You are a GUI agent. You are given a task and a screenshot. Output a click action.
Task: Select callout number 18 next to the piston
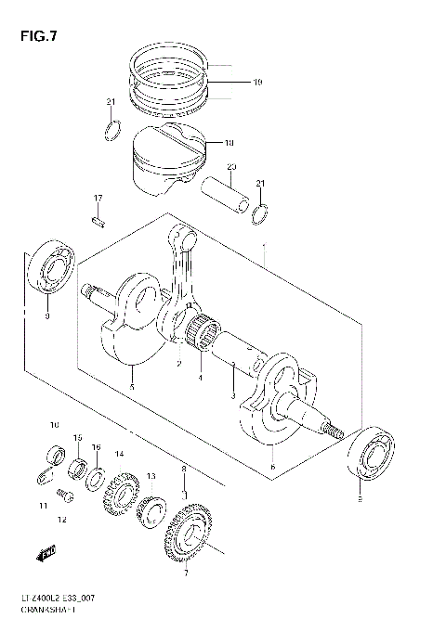pyautogui.click(x=230, y=143)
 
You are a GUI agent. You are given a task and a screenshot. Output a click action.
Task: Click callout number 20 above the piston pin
pyautogui.click(x=232, y=167)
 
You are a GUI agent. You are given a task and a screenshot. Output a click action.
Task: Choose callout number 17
pyautogui.click(x=97, y=199)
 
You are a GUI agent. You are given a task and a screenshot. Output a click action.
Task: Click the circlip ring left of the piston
pyautogui.click(x=111, y=127)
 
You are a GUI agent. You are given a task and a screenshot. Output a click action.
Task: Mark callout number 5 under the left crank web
pyautogui.click(x=131, y=386)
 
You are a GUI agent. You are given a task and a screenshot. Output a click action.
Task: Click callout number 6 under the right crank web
pyautogui.click(x=272, y=467)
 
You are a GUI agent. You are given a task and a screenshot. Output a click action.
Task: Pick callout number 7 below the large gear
pyautogui.click(x=185, y=573)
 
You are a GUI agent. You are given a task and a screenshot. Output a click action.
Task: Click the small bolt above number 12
pyautogui.click(x=65, y=492)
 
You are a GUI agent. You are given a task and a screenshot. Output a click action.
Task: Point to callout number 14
pyautogui.click(x=119, y=454)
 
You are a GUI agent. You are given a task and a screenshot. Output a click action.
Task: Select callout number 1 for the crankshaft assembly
pyautogui.click(x=266, y=249)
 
